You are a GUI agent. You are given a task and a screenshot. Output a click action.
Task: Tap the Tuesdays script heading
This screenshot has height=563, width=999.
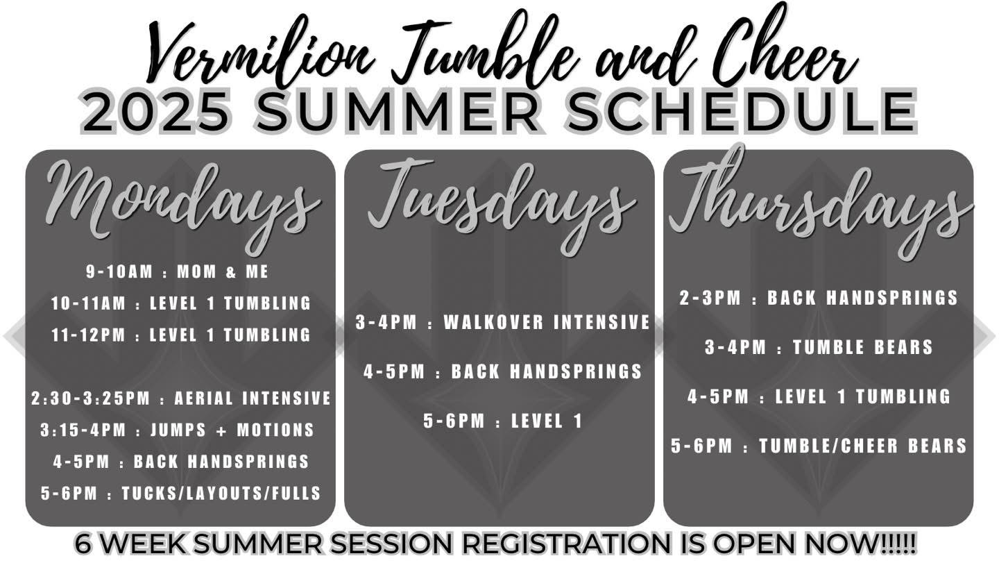click(502, 205)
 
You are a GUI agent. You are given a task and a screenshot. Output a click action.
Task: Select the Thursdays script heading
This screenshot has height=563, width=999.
click(820, 203)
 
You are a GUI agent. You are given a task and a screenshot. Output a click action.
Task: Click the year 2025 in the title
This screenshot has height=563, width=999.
click(155, 111)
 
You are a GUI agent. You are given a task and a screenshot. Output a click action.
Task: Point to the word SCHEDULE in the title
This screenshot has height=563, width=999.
click(740, 111)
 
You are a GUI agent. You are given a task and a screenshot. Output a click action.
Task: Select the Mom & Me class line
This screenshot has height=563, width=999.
click(178, 271)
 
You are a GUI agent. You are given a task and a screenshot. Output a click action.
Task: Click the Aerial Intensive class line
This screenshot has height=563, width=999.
click(181, 398)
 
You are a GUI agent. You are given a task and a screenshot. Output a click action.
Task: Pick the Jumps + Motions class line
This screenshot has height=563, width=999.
click(178, 430)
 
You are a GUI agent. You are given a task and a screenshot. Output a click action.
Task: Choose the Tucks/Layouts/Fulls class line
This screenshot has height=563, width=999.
click(181, 494)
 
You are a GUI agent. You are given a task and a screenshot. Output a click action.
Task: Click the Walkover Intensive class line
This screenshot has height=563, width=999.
click(503, 322)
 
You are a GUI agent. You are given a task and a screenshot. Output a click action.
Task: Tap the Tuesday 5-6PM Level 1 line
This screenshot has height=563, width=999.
click(503, 421)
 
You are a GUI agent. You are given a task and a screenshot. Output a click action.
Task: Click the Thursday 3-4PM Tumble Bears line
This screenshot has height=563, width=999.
click(819, 347)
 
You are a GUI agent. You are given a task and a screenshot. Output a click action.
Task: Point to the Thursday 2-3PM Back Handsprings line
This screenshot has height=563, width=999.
click(819, 298)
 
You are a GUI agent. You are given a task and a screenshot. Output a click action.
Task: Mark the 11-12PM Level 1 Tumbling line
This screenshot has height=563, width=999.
click(181, 335)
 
